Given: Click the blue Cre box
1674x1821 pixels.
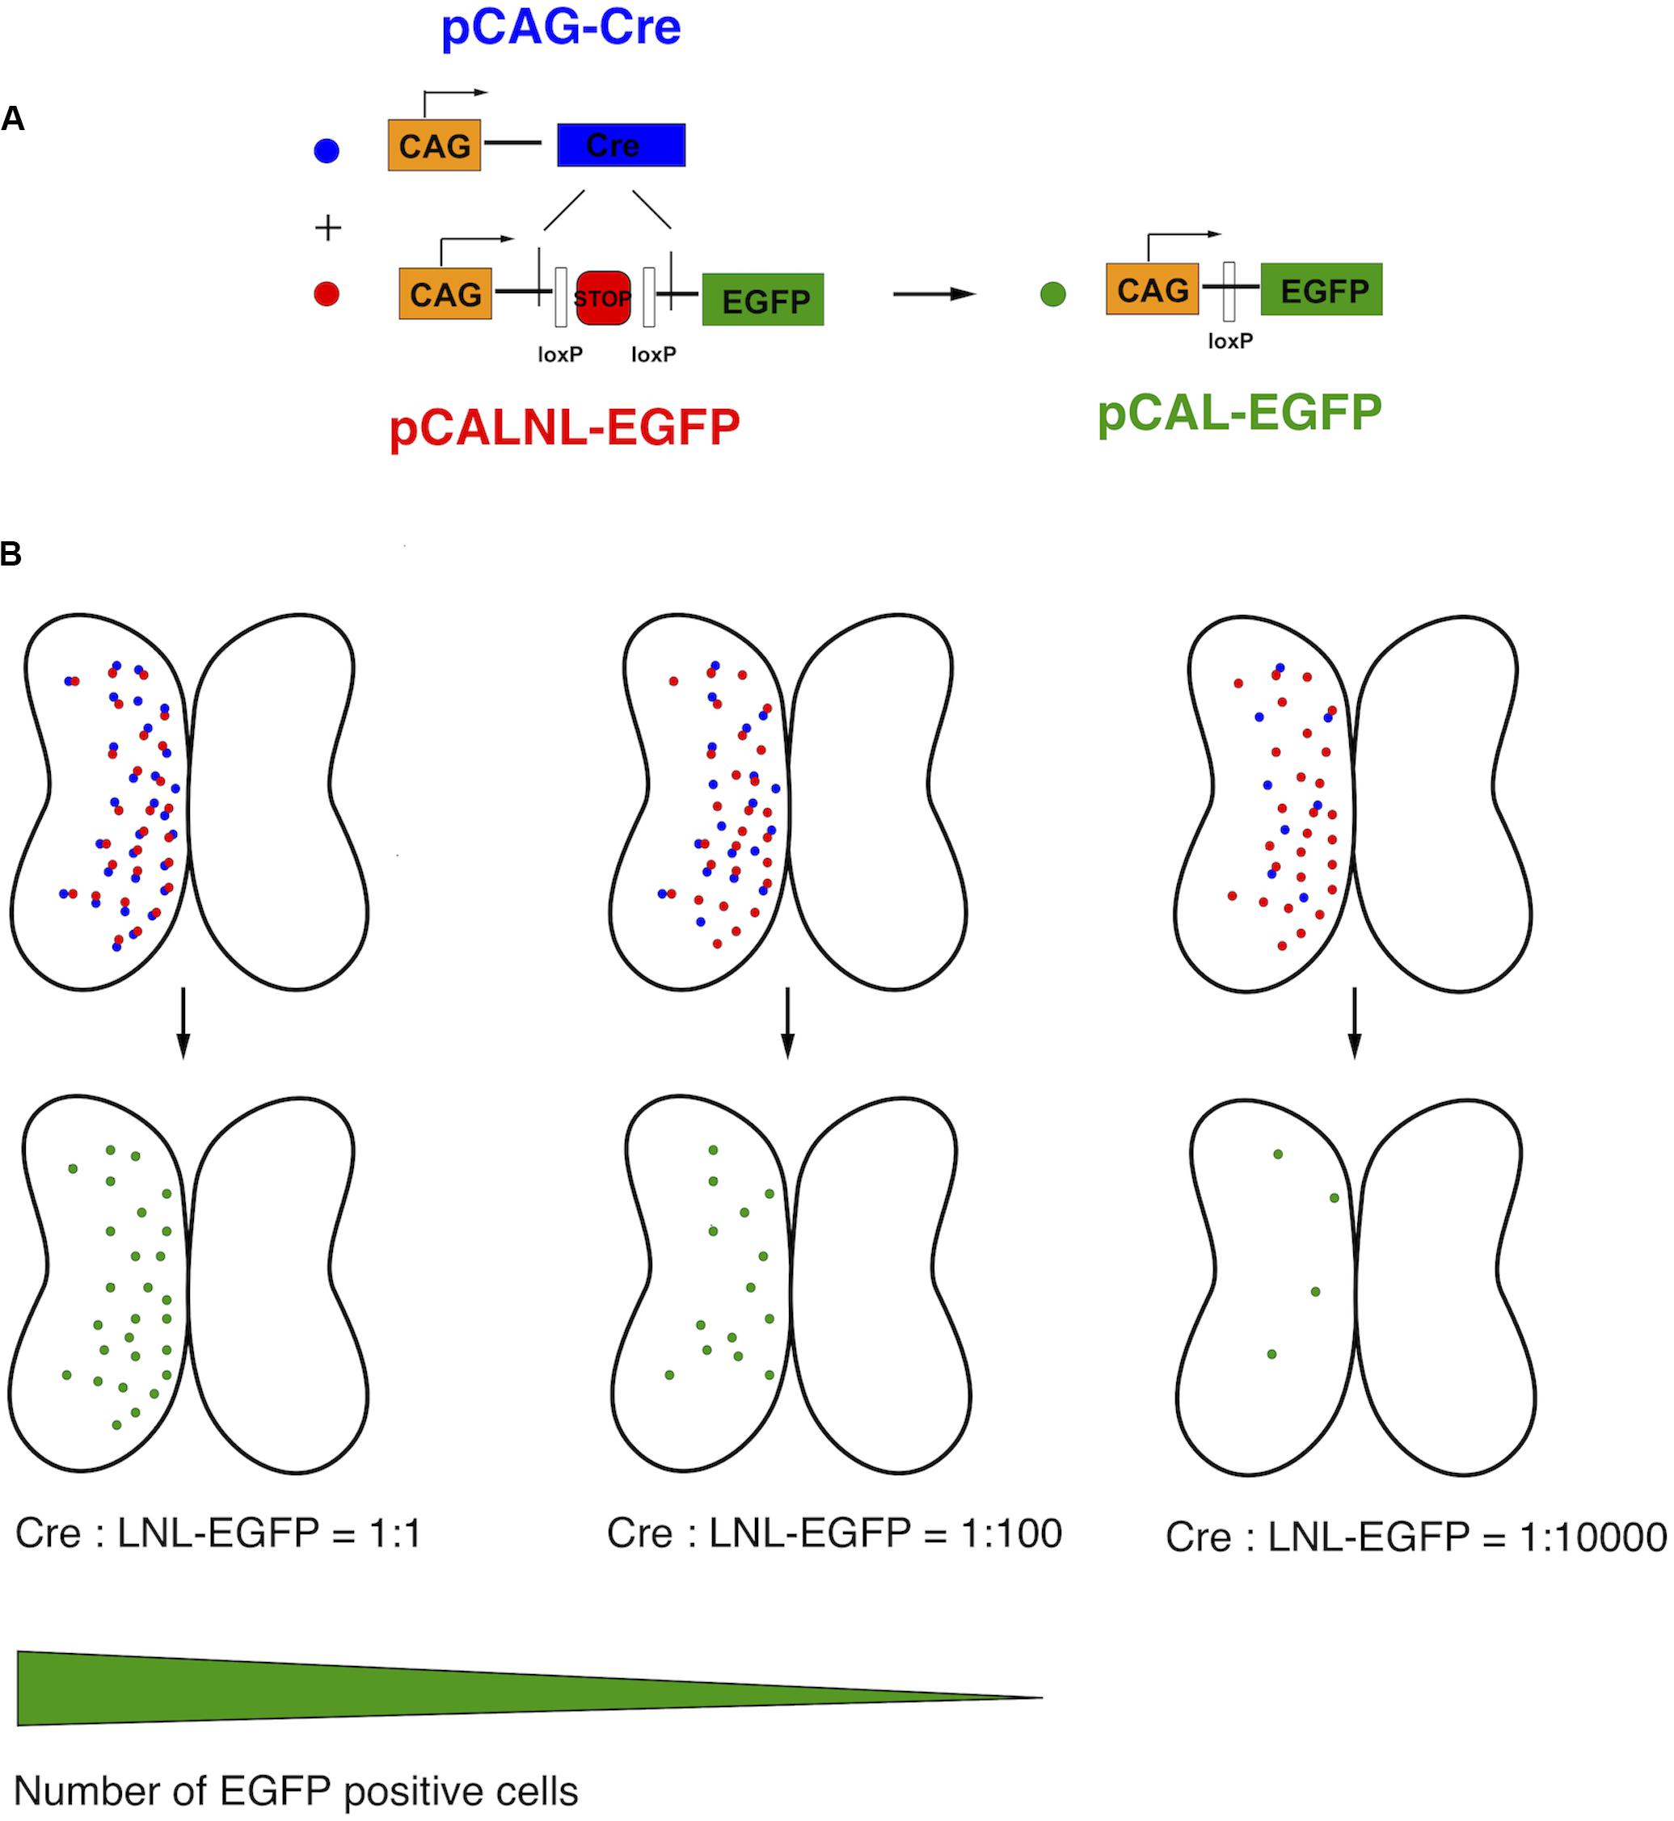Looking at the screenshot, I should tap(621, 145).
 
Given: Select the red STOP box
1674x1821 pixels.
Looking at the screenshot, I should tap(602, 298).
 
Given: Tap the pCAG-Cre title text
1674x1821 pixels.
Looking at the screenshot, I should tap(561, 27).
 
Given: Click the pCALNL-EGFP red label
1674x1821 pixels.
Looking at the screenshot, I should tap(564, 427).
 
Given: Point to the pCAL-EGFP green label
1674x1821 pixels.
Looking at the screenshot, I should tap(1239, 413).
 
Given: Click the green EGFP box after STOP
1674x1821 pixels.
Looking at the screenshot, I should tap(763, 300).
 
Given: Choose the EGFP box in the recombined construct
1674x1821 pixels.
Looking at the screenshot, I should tap(1322, 290).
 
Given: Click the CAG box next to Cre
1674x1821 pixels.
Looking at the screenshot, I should tap(434, 145).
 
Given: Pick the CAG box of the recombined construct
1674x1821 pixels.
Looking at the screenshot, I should tap(1152, 290).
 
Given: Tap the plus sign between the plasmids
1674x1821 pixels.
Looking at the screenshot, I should tap(328, 226).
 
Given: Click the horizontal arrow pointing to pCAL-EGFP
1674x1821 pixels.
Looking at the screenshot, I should tap(933, 293).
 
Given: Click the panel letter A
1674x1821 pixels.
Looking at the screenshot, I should tap(13, 119).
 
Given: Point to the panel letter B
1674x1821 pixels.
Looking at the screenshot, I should tap(11, 553).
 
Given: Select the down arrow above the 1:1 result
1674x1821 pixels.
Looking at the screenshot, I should tap(183, 1021).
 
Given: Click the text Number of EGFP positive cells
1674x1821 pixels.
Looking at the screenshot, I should tap(296, 1791).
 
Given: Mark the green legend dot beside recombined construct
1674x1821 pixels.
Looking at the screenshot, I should tap(1052, 293).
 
